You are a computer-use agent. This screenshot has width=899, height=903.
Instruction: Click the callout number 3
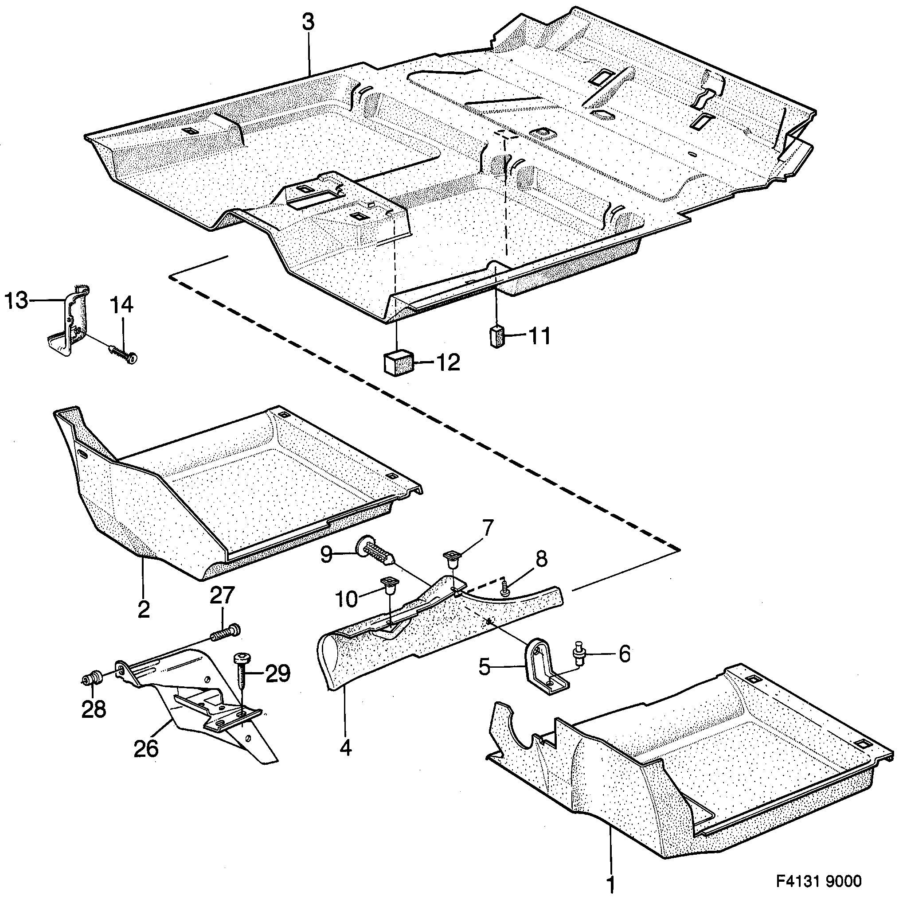click(308, 23)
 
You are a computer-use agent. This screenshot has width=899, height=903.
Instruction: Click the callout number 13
click(16, 300)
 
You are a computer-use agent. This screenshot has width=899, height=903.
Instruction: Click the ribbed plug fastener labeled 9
click(376, 552)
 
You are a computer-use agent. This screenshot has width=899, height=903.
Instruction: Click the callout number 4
click(345, 749)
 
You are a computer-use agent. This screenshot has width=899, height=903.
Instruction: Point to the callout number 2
click(144, 609)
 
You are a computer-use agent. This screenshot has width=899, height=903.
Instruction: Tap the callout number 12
click(447, 363)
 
